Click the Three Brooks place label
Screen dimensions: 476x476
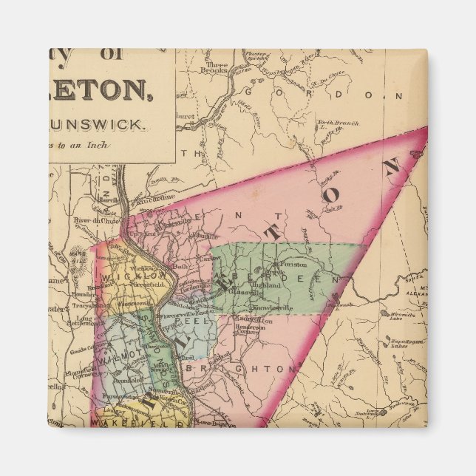[x=217, y=67]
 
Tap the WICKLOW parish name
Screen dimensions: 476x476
[x=126, y=276]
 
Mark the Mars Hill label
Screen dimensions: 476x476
[x=78, y=255]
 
